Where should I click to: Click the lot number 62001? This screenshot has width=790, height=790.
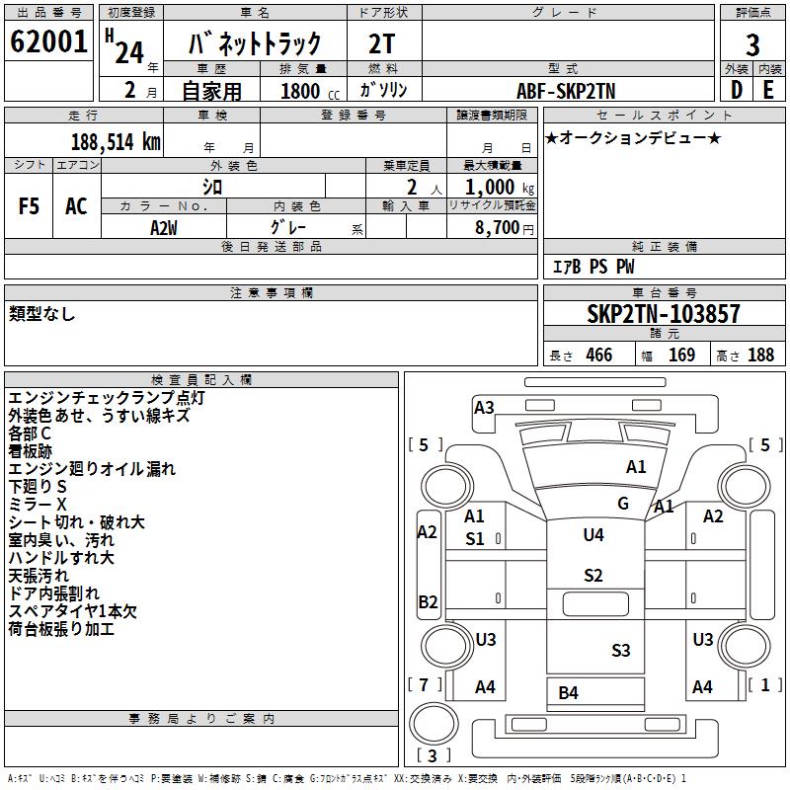[48, 41]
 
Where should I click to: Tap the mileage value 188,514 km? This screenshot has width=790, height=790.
[116, 142]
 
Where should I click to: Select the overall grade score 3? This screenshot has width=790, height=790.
[752, 45]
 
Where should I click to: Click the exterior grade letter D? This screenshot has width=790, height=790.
[737, 90]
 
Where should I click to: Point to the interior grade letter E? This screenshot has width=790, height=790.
[768, 90]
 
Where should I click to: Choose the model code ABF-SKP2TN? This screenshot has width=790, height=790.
[566, 91]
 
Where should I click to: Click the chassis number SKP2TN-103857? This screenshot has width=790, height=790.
[664, 313]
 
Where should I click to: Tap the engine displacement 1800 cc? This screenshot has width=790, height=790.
[310, 91]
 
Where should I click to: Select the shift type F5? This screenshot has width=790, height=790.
[29, 206]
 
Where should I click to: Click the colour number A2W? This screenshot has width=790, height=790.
[164, 228]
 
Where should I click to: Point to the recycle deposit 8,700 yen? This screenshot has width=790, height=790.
[505, 228]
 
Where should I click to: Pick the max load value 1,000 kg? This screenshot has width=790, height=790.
[500, 188]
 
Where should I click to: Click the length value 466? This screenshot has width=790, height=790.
[599, 355]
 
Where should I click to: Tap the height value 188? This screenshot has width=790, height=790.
[760, 355]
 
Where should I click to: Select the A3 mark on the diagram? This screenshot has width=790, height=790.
[484, 407]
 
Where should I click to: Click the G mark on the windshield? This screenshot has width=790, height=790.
[623, 503]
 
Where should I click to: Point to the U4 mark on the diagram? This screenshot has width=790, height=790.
[593, 534]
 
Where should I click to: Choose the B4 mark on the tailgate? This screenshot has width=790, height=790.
[569, 693]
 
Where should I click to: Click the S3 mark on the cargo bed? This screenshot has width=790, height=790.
[621, 650]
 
